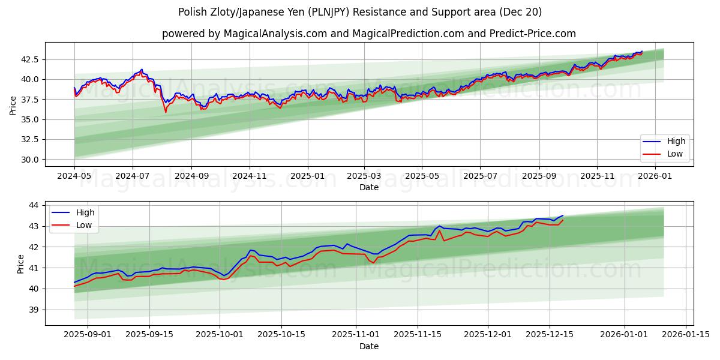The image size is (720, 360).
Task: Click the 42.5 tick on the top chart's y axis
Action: pyautogui.click(x=30, y=59)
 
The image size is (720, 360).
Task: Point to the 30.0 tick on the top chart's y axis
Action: pyautogui.click(x=30, y=160)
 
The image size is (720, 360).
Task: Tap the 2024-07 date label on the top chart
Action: pyautogui.click(x=132, y=176)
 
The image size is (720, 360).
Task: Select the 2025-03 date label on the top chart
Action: pyautogui.click(x=364, y=176)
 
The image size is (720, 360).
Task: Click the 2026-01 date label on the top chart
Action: pyautogui.click(x=655, y=176)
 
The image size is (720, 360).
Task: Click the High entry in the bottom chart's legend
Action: pyautogui.click(x=85, y=212)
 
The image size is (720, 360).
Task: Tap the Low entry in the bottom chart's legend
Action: pyautogui.click(x=85, y=225)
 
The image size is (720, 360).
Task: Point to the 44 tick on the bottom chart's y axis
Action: pyautogui.click(x=34, y=205)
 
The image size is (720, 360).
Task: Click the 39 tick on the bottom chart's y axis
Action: pyautogui.click(x=34, y=310)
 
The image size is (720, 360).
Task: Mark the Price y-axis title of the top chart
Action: pyautogui.click(x=13, y=104)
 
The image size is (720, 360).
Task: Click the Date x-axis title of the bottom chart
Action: pyautogui.click(x=369, y=346)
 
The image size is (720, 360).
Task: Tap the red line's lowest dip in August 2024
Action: pyautogui.click(x=166, y=112)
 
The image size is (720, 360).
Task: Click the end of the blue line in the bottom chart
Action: pyautogui.click(x=563, y=215)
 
